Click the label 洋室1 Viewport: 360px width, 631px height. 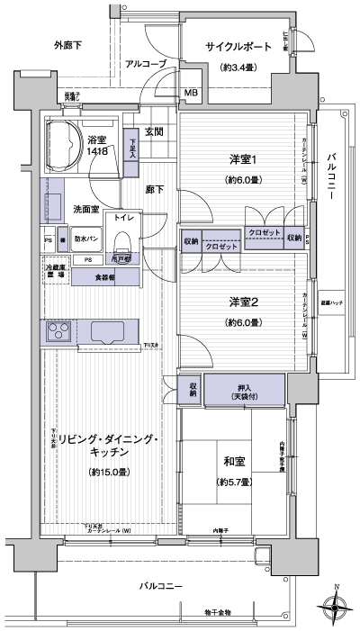point(240,160)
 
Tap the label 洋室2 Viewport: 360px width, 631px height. point(240,303)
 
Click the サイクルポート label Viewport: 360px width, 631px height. point(239,47)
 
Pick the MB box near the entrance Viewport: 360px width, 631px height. point(191,92)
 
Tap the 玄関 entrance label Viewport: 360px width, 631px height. point(153,132)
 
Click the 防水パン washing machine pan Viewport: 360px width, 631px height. point(86,240)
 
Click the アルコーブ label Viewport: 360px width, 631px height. point(145,64)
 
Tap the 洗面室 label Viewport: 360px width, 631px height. point(86,209)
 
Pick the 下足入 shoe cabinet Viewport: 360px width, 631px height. point(132,147)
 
